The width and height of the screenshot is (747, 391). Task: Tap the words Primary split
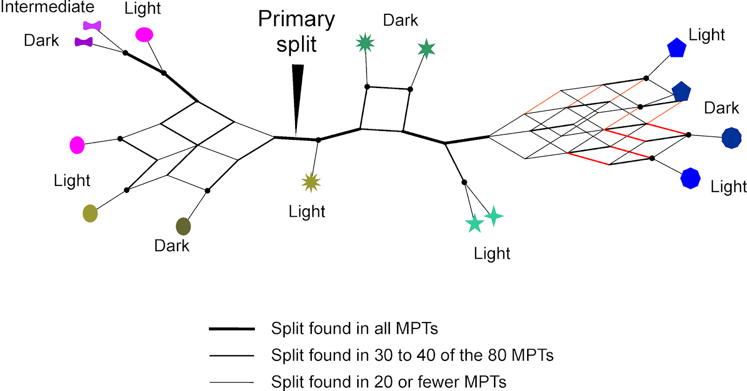coord(296,32)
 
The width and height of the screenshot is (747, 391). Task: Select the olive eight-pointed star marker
coord(311,182)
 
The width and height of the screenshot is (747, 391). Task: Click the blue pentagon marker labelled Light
coord(677,48)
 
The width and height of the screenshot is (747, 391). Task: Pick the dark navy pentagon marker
coord(681,92)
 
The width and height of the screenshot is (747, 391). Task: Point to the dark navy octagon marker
coord(731,138)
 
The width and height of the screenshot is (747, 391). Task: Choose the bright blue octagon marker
coord(691,178)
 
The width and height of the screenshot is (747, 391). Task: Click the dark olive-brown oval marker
coord(183,226)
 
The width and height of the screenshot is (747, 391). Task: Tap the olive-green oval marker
coord(90,213)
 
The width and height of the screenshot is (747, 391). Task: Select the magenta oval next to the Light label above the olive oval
coord(77,145)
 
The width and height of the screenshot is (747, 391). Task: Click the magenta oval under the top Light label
coord(144,34)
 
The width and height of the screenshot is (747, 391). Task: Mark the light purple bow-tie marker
coord(92,25)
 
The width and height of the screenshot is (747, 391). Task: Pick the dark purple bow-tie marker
coord(84,42)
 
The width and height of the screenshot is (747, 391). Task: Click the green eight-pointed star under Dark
coord(365,43)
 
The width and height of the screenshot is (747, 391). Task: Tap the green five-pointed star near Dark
coord(426,48)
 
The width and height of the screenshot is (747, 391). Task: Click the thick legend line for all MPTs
coord(232,329)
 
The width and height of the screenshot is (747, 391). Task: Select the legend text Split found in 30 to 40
coord(412,355)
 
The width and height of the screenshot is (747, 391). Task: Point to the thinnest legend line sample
coord(232,382)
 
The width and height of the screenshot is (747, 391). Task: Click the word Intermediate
coord(47,7)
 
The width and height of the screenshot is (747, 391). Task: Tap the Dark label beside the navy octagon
coord(721,108)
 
